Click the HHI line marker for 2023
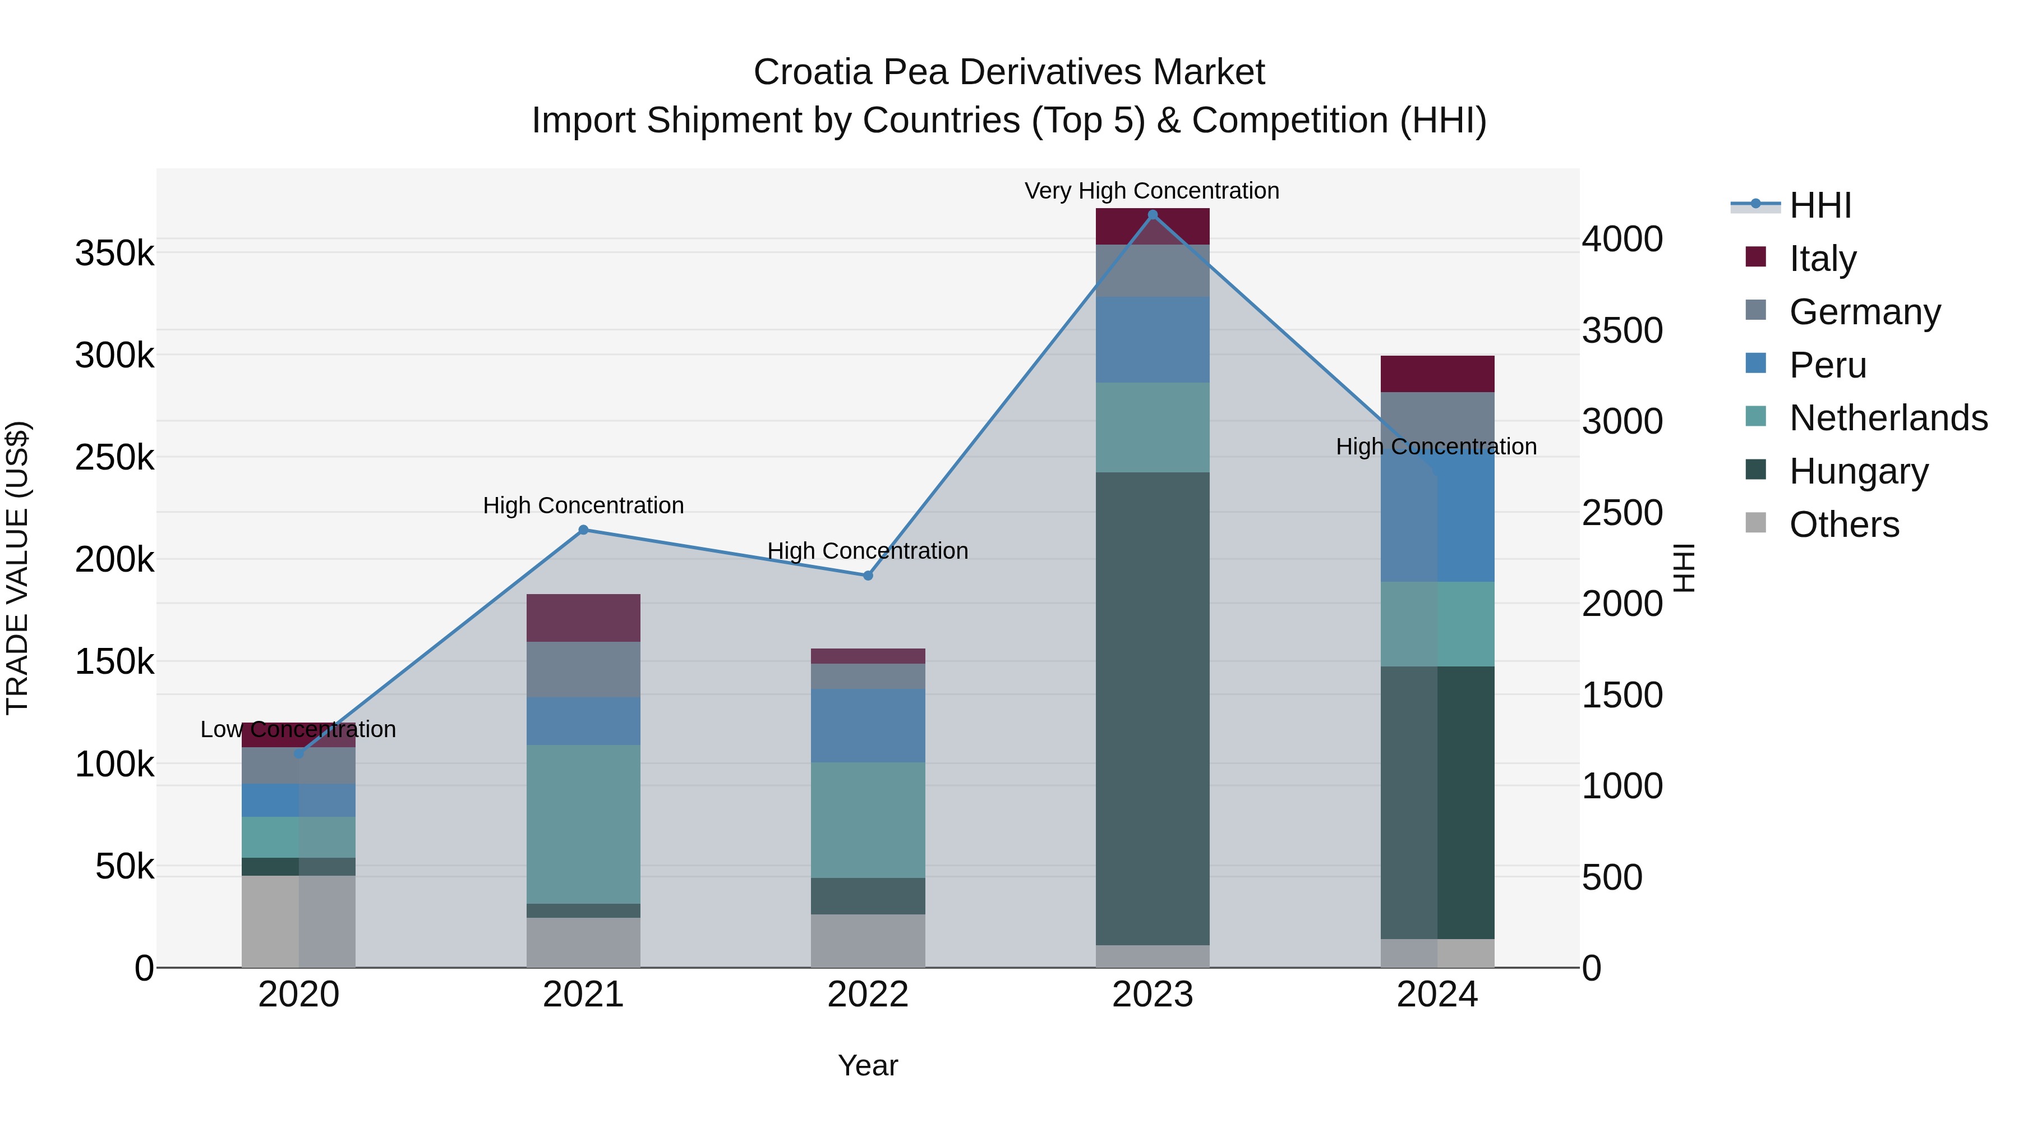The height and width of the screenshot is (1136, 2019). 1152,215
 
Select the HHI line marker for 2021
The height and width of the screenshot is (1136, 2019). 583,530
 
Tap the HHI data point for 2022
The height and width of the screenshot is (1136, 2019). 868,576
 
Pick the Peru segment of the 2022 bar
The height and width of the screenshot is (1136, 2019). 868,725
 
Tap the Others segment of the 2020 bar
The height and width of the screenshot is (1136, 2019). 298,921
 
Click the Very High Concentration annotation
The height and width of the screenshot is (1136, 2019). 1151,191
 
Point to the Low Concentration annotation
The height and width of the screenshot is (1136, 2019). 298,729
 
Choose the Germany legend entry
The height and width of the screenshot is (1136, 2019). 1865,312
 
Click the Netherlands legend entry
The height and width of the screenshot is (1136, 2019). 1888,418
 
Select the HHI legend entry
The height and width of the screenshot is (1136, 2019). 1820,205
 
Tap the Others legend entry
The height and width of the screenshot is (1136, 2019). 1843,525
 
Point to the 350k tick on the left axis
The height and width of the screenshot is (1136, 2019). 114,254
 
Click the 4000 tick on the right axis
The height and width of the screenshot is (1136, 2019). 1621,239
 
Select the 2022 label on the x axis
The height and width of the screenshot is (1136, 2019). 868,995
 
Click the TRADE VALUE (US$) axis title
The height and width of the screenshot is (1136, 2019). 17,568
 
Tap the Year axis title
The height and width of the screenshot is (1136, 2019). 868,1065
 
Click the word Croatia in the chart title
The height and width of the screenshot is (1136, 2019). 812,72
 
